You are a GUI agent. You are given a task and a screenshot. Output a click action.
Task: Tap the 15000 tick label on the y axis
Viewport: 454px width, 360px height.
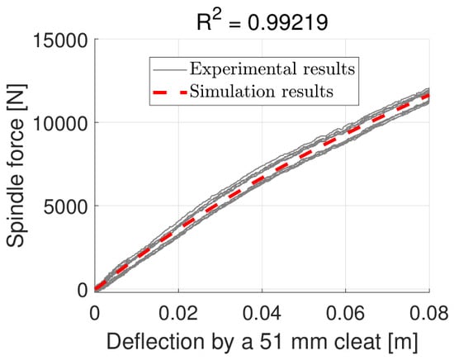coord(60,40)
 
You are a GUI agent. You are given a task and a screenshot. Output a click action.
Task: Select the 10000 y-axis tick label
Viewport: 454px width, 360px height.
coord(60,123)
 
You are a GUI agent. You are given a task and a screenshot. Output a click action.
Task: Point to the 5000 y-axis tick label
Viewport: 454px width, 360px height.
coord(65,206)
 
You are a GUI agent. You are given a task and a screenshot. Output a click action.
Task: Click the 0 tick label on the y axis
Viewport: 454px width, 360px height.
coord(83,290)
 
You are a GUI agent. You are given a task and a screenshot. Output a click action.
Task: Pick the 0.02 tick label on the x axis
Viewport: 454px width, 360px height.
coord(178,314)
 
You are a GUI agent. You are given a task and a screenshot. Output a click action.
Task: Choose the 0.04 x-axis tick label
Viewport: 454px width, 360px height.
coord(262,314)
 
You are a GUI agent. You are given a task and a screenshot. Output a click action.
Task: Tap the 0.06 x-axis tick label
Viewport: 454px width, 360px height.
coord(345,314)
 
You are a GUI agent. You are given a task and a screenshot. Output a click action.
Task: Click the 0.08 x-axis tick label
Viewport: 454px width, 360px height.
coord(428,314)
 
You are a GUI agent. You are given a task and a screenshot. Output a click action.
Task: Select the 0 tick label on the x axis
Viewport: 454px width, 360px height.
coord(95,314)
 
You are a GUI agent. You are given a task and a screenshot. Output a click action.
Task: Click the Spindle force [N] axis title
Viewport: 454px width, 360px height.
coord(16,165)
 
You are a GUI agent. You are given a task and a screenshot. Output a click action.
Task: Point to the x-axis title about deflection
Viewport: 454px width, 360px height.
coord(262,343)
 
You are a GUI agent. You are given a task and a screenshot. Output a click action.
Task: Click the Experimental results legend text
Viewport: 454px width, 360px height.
coord(272,69)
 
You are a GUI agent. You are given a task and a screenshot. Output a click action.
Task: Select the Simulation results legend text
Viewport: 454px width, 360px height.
coord(262,92)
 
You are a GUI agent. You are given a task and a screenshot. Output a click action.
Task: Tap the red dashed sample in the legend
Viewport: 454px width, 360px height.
coord(170,92)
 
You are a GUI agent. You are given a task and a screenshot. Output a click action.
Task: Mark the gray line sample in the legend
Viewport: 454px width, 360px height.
coord(170,69)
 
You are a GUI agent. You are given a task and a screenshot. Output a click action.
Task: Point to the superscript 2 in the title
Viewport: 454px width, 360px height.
coord(218,17)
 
